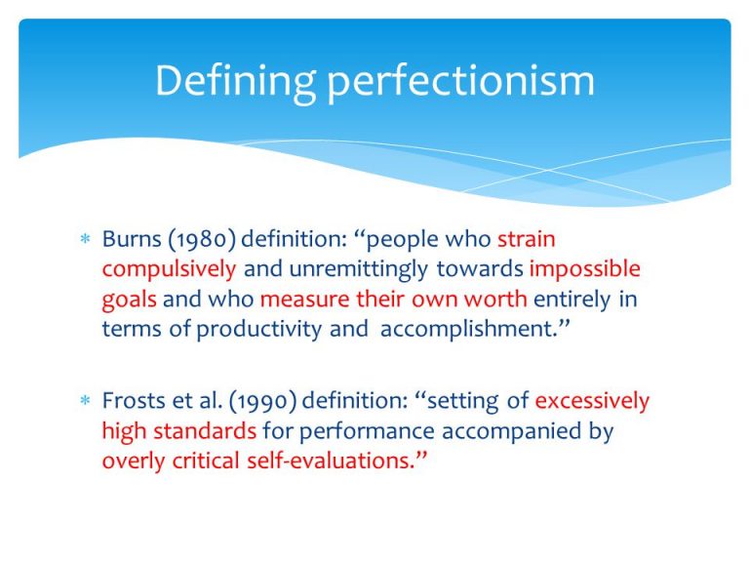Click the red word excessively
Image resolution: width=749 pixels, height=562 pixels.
[592, 401]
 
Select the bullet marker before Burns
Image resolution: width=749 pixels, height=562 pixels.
[84, 240]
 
